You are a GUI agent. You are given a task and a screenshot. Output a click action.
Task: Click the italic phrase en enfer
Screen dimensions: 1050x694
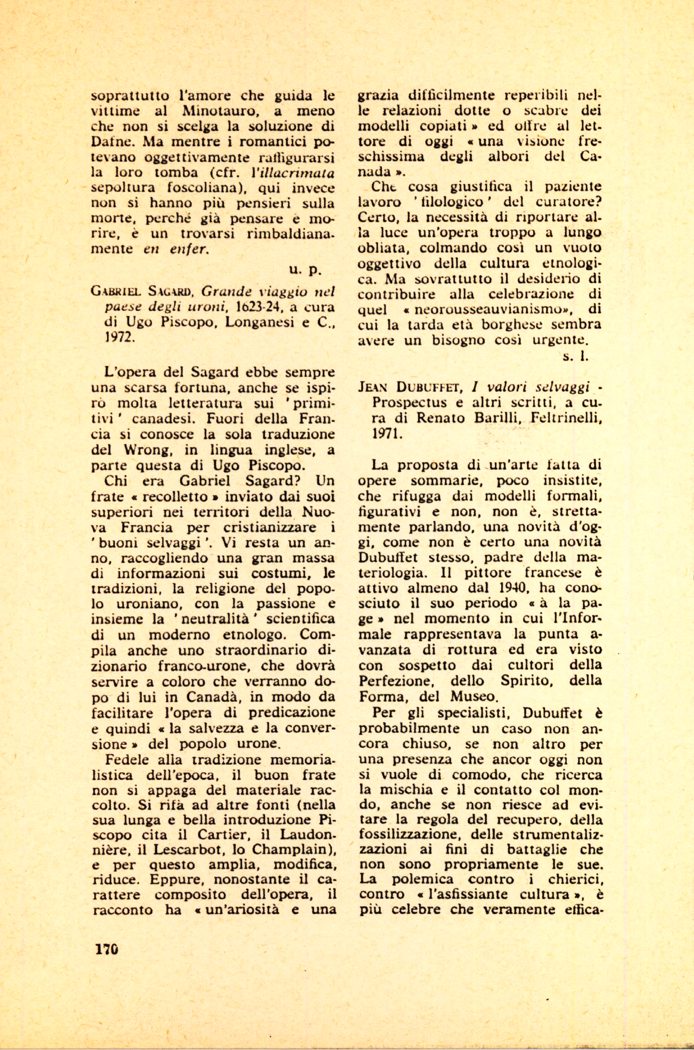coord(175,249)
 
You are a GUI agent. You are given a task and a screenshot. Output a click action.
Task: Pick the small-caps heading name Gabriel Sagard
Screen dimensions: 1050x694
coord(140,292)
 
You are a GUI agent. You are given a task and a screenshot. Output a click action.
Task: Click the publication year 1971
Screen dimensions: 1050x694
coord(387,434)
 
